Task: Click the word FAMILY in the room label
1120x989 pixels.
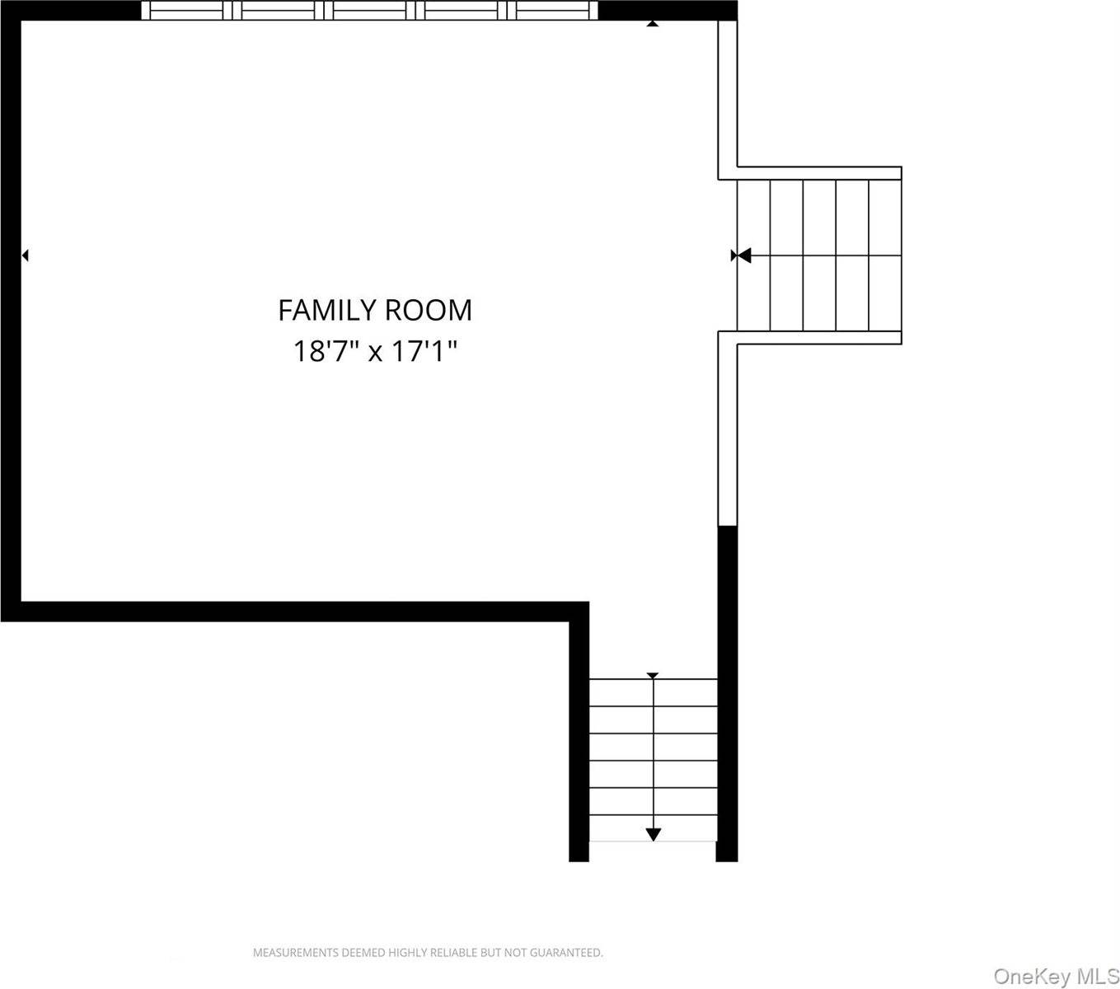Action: tap(327, 310)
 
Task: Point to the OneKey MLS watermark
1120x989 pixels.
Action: tap(1056, 976)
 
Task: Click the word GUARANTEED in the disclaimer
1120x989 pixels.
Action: tap(566, 953)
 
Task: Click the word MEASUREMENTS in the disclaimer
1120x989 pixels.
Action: tap(296, 953)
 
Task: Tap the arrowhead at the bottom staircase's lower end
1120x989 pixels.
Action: tap(653, 834)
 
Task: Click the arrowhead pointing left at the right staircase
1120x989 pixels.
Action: tap(744, 255)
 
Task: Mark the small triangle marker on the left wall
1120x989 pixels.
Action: tap(25, 255)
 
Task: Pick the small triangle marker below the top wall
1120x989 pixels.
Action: tap(653, 24)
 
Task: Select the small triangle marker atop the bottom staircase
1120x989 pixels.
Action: tap(653, 676)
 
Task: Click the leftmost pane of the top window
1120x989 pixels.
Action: tap(186, 11)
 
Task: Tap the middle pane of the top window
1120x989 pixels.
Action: tap(369, 11)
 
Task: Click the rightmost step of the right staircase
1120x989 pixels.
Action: tap(885, 255)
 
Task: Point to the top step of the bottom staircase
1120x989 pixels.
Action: tap(653, 692)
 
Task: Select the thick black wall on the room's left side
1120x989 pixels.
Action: tap(11, 311)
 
